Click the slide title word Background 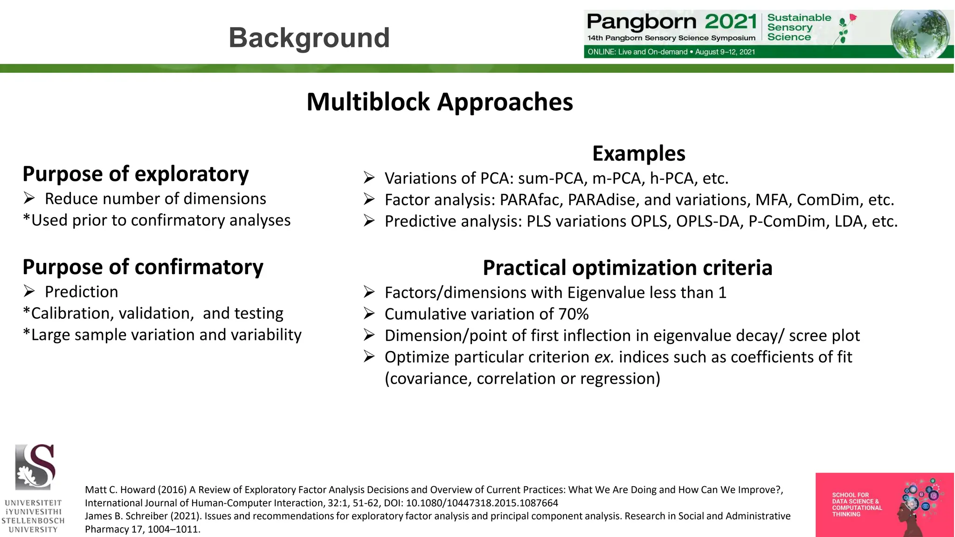[309, 38]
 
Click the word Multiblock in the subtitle [368, 102]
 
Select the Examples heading [638, 153]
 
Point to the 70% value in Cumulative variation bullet [574, 314]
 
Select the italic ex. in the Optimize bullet [604, 357]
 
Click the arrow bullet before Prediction [29, 292]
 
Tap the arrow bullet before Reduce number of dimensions [29, 199]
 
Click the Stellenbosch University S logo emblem [35, 467]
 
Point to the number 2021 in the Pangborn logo [730, 21]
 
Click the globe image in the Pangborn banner [919, 34]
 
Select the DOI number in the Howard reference [482, 503]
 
